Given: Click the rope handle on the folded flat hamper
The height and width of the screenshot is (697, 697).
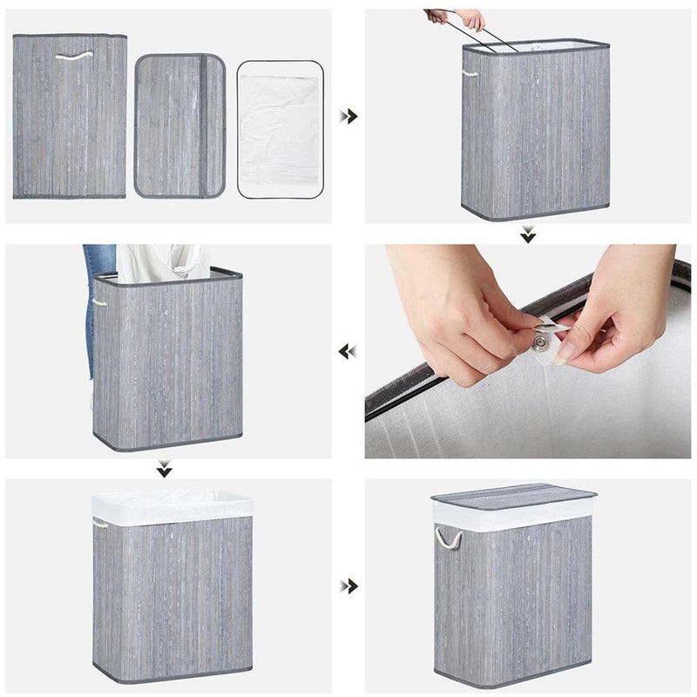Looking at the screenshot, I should tap(73, 57).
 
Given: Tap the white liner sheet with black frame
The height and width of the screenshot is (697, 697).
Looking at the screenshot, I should tap(280, 129).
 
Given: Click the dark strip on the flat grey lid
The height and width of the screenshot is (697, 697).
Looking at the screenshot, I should tap(206, 126).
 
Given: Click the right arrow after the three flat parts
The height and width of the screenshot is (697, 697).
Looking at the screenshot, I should tap(348, 116).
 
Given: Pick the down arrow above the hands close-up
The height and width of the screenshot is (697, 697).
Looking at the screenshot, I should tap(528, 234).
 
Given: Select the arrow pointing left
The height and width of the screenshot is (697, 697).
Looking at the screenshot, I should tap(348, 351).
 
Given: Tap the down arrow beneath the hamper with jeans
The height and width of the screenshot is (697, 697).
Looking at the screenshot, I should tap(164, 470).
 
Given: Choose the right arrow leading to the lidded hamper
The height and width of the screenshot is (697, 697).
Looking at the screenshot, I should tap(348, 585).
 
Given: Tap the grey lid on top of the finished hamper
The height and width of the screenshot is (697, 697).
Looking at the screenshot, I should tap(514, 496).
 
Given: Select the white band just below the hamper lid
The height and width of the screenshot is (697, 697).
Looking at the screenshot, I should tap(514, 516).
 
